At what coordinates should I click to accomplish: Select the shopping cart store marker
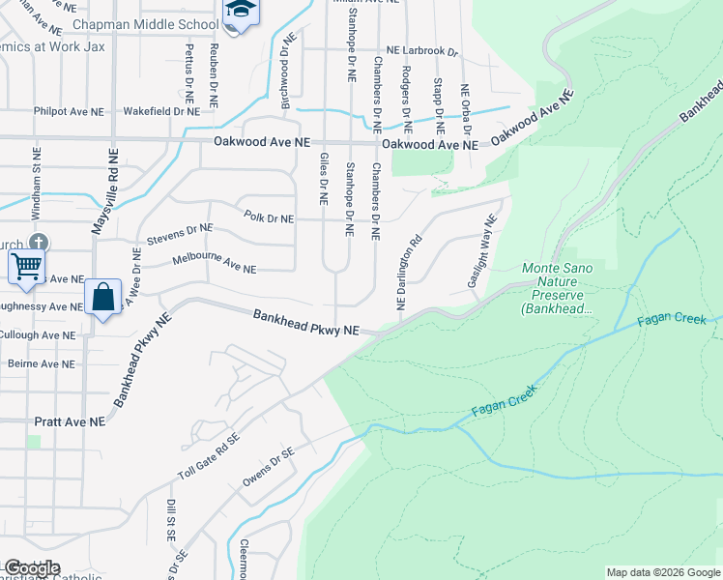coord(27,266)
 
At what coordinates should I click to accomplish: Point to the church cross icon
coord(38,241)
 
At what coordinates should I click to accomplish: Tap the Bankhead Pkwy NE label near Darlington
coord(306,323)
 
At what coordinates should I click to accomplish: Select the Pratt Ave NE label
coord(70,422)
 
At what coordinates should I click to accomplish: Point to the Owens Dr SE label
coord(267,466)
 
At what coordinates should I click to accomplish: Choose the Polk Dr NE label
coord(269,218)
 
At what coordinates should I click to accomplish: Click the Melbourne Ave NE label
coord(214,263)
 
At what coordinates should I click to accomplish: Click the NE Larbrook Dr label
coord(421,49)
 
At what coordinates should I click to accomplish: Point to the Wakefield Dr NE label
coord(160,111)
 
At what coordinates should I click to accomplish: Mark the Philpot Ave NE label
coord(69,111)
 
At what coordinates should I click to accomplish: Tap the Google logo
coord(31,568)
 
